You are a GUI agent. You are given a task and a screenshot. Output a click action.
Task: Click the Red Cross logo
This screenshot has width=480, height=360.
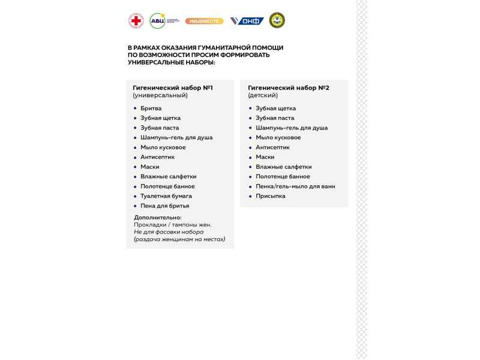pos(136,21)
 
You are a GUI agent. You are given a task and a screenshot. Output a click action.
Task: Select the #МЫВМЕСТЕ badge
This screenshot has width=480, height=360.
pos(204,21)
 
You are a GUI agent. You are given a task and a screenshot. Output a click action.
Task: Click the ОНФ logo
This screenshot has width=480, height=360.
pos(247,21)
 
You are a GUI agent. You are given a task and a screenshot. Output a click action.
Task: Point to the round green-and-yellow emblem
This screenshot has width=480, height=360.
pos(277,20)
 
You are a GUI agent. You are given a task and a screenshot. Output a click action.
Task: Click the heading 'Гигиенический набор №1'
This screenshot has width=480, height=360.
pos(172,88)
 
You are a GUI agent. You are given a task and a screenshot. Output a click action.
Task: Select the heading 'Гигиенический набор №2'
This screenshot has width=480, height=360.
pos(288,88)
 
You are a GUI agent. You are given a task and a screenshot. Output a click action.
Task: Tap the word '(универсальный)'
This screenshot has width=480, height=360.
pos(160,95)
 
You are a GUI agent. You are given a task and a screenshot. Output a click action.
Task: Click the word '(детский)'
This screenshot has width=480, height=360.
pos(263,95)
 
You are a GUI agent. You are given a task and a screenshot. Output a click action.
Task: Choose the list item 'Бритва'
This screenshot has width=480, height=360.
pos(151,109)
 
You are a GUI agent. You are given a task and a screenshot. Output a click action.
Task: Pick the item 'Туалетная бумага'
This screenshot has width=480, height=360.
pos(166,196)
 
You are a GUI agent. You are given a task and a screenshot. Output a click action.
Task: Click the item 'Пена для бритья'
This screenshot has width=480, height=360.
pos(164,206)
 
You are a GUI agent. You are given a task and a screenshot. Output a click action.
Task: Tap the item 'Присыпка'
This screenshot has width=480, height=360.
pos(271,196)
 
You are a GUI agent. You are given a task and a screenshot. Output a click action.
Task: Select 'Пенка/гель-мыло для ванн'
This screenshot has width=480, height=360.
pos(295,187)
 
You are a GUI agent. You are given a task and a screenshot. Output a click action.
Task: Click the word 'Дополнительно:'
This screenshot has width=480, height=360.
pos(158,218)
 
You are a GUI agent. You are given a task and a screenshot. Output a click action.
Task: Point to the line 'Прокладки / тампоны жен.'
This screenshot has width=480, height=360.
pos(173,225)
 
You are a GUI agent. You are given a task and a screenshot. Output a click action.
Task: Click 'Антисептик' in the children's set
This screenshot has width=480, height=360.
pos(272,148)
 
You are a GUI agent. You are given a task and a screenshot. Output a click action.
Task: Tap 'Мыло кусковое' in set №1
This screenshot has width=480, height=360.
pos(163,148)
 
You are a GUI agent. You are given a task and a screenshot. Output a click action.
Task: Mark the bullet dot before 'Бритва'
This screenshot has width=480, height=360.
pos(135,109)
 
